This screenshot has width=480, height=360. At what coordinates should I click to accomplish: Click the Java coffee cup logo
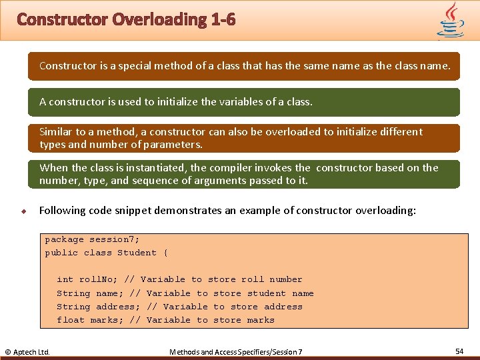[450, 20]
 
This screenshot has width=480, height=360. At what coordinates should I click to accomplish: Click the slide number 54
[459, 351]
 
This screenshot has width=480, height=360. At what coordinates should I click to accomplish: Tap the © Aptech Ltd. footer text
[27, 351]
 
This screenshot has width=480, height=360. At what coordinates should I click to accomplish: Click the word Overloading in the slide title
[159, 19]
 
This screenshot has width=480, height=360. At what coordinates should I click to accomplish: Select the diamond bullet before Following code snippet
[23, 211]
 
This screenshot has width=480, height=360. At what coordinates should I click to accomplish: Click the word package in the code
[64, 239]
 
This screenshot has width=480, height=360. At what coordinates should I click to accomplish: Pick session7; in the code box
[115, 239]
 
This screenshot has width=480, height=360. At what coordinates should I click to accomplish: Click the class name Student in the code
[137, 253]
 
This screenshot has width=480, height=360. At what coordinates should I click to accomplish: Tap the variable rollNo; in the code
[99, 279]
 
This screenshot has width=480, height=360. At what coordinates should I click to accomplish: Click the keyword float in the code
[71, 320]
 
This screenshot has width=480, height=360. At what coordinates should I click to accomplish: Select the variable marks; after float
[107, 320]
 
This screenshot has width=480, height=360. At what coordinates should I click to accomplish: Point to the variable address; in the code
[118, 307]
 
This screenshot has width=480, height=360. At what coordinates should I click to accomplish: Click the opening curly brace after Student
[165, 253]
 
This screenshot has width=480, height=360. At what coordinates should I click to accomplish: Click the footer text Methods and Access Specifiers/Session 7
[235, 351]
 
